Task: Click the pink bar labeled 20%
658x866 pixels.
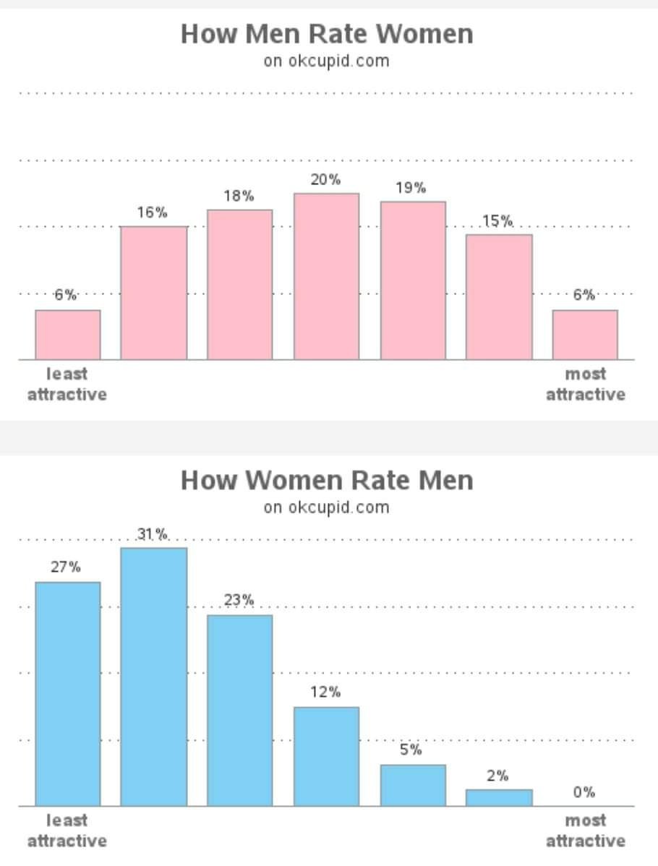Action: [326, 276]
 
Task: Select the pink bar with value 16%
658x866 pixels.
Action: [153, 293]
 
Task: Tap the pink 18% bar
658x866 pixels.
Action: [239, 285]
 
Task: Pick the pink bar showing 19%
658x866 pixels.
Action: [413, 280]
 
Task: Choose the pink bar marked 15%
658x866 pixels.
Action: [499, 297]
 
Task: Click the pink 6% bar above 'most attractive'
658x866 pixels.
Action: [585, 335]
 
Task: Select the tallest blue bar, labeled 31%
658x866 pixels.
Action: [153, 677]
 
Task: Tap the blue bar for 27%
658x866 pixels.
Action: [67, 694]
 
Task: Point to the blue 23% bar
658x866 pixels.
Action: [239, 711]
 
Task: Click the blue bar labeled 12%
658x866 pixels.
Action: [326, 756]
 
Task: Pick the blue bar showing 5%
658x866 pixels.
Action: [413, 785]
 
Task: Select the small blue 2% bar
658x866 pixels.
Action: [499, 797]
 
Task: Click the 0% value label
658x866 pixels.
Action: [584, 792]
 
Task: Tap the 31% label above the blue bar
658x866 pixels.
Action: [153, 534]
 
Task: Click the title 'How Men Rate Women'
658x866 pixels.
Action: [327, 34]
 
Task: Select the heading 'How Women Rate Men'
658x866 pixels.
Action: [327, 480]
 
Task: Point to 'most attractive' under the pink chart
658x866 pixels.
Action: [585, 384]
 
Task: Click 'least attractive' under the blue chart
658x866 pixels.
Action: [67, 831]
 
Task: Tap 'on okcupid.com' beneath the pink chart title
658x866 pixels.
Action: [326, 61]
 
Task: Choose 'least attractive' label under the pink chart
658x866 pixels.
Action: [67, 384]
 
